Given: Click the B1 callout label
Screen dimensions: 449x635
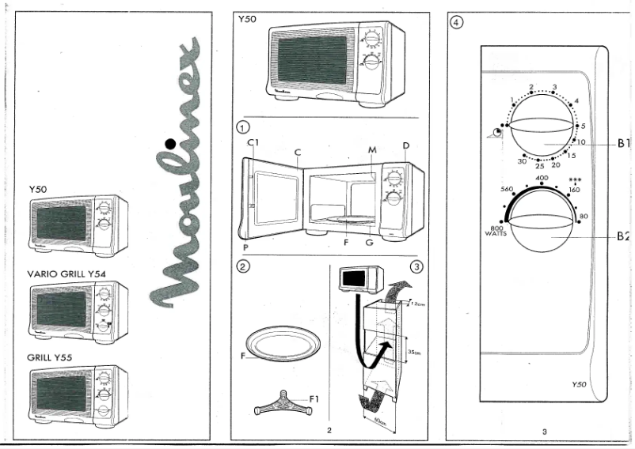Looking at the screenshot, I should [x=622, y=144].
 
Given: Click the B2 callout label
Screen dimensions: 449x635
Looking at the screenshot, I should [x=622, y=236].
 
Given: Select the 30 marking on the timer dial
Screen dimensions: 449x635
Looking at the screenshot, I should [x=522, y=161].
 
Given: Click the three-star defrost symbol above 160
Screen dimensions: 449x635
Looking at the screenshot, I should [x=575, y=181].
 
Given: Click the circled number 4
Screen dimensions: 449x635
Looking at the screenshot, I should [x=456, y=21].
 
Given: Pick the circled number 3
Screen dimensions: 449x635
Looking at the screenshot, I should [x=416, y=266].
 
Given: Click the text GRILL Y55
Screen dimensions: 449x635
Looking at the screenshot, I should [x=50, y=357].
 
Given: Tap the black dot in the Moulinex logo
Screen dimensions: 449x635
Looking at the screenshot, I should [x=169, y=144].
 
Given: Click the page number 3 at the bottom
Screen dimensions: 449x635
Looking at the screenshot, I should [x=545, y=431].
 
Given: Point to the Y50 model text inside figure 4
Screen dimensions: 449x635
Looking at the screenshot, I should [x=579, y=384].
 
